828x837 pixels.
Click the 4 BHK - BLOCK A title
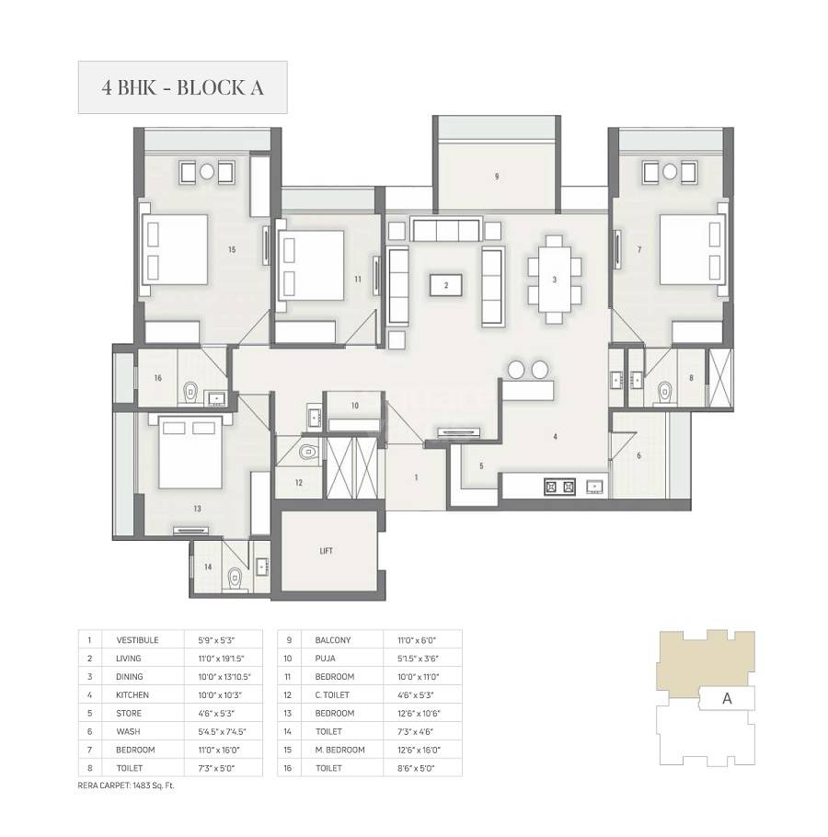coord(182,87)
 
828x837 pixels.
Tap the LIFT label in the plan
coord(326,551)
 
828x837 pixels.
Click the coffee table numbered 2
coord(446,285)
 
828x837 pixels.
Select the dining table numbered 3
coord(555,280)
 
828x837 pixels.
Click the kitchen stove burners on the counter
coord(559,486)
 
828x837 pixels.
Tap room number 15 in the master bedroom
coord(233,248)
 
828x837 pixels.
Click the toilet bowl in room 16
coord(190,391)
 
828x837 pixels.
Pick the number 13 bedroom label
coord(197,508)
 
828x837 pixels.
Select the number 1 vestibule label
coord(416,477)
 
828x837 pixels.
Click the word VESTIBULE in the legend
coord(137,639)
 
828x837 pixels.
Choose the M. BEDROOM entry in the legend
coord(339,750)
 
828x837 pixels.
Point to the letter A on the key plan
coord(727,698)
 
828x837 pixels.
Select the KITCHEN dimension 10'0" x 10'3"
coord(217,694)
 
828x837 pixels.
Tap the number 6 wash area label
coord(638,455)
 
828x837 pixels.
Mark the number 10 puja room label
coord(354,406)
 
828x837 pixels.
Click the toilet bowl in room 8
coord(663,393)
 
